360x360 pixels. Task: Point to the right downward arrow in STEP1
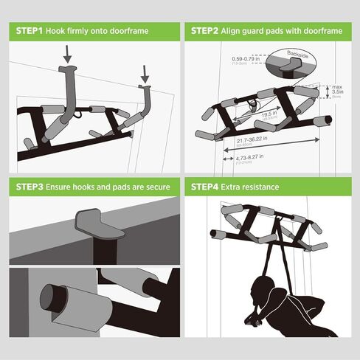click(x=145, y=73)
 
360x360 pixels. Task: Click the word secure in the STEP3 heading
click(x=153, y=187)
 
